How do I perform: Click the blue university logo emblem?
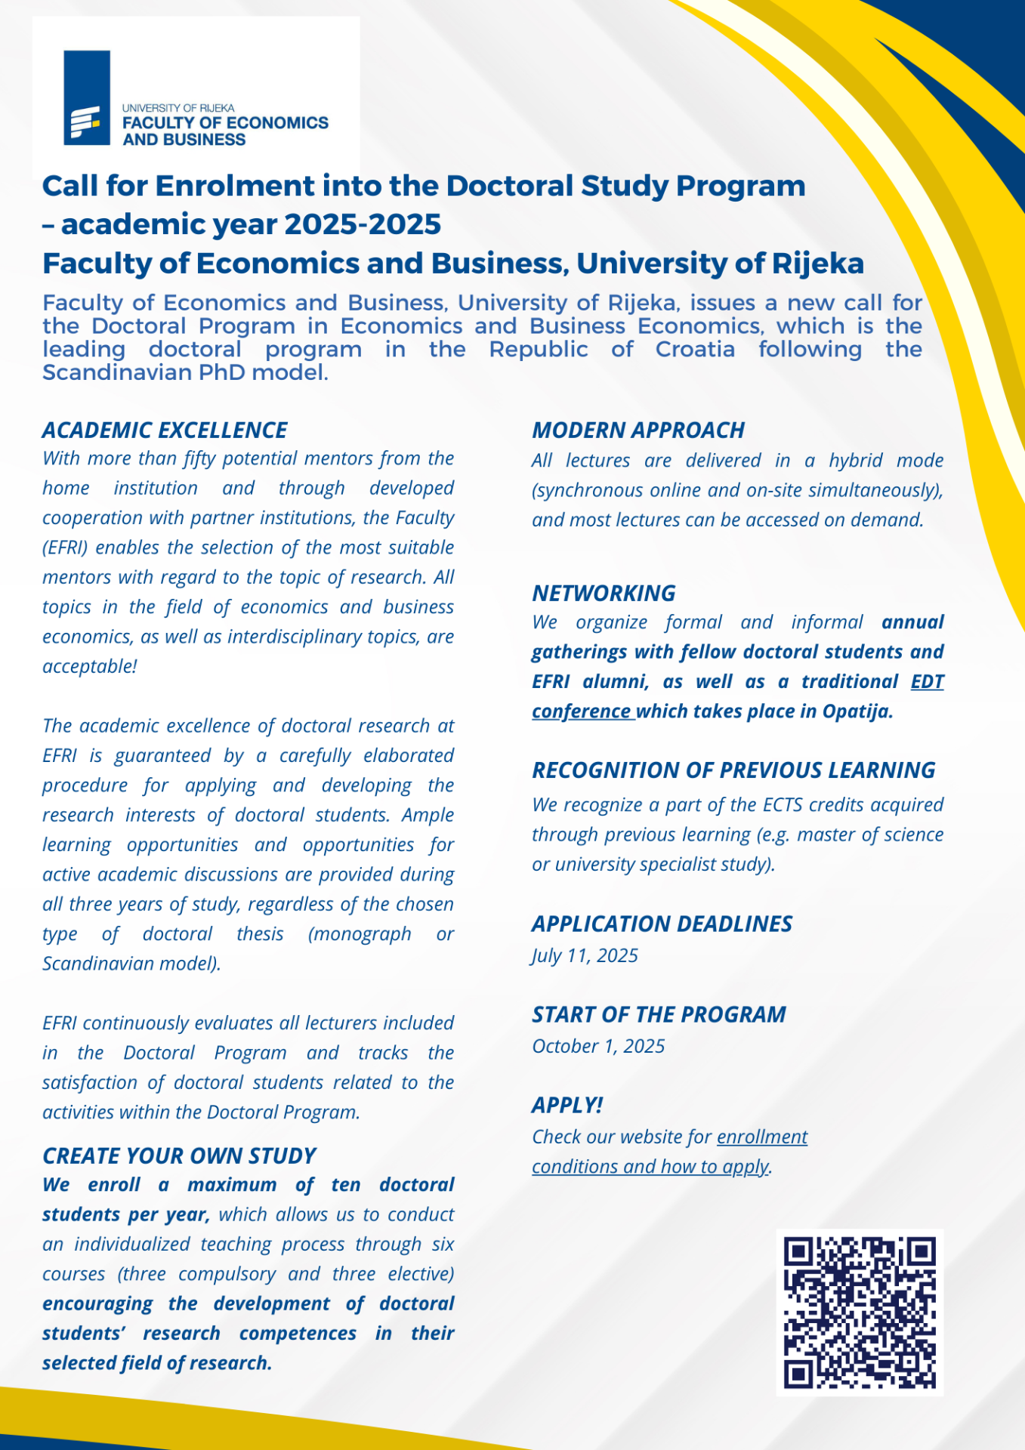(87, 97)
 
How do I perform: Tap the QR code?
(860, 1312)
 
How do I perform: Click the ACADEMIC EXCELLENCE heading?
(165, 430)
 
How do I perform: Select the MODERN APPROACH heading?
(638, 430)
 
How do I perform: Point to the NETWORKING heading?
(604, 594)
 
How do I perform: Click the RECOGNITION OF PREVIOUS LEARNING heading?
(733, 770)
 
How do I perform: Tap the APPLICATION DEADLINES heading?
(662, 924)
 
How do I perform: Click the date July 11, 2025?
(585, 956)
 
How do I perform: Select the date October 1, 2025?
(598, 1047)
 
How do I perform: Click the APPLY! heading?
(567, 1106)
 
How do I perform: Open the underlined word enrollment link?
(762, 1137)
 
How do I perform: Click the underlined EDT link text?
(928, 682)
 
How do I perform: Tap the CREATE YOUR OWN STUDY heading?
(179, 1156)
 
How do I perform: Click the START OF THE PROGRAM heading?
(659, 1015)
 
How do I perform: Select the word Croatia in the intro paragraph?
(695, 350)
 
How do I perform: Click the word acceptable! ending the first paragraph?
(90, 667)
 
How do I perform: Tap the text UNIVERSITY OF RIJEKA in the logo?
(178, 108)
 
